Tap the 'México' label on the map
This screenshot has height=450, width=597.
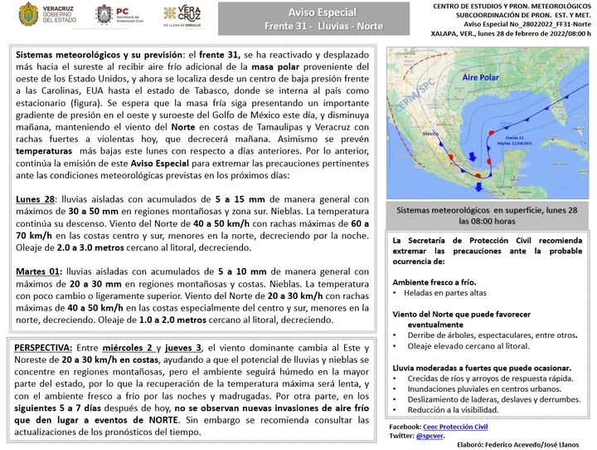tap(430, 133)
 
